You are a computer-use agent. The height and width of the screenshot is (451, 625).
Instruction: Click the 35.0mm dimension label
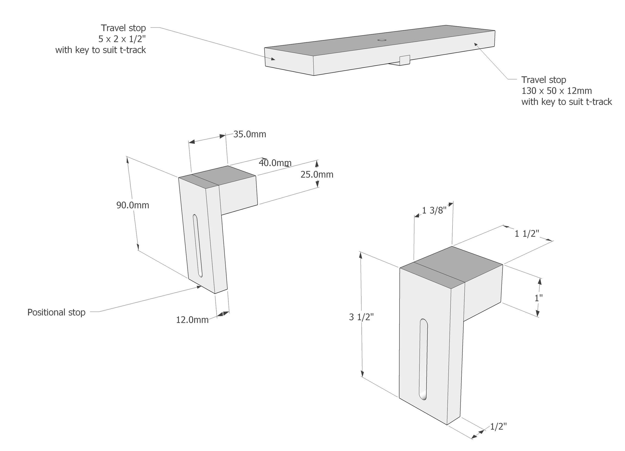[249, 134]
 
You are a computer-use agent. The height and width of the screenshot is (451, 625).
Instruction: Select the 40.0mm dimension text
[275, 163]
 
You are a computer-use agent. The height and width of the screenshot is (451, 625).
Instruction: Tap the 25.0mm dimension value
[317, 175]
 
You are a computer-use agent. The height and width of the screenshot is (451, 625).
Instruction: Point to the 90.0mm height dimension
[133, 205]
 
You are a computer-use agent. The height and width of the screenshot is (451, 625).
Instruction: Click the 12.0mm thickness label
[192, 320]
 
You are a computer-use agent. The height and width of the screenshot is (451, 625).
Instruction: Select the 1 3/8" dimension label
[434, 211]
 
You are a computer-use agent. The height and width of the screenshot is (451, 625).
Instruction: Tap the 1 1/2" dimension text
[527, 234]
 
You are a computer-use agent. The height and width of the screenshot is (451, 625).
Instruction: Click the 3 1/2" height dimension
[361, 317]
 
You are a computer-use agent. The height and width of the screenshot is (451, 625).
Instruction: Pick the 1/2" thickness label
[498, 427]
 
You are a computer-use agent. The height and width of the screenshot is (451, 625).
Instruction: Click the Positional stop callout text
[56, 312]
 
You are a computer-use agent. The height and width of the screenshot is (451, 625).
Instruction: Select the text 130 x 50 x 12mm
[557, 91]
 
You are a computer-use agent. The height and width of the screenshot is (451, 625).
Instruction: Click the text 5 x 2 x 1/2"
[122, 39]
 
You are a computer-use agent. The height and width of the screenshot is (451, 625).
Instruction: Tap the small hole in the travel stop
[382, 40]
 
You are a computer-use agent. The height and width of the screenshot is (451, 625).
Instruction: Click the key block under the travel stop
[404, 60]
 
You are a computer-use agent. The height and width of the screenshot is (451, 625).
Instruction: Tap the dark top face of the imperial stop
[452, 265]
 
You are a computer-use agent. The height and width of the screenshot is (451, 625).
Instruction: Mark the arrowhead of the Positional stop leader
[199, 287]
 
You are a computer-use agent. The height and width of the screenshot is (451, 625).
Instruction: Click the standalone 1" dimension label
[539, 298]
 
